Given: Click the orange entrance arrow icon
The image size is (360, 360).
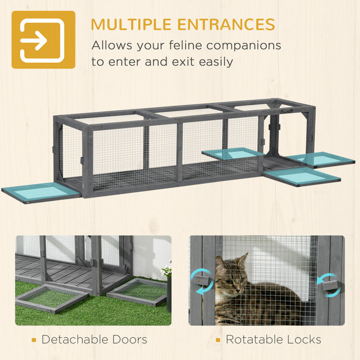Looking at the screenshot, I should pos(43,40).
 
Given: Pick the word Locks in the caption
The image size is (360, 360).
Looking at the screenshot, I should pos(304,339).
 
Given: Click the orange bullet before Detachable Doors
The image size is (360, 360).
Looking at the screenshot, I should pos(33,339).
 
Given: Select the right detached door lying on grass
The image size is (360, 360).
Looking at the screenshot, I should pos(138,291).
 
